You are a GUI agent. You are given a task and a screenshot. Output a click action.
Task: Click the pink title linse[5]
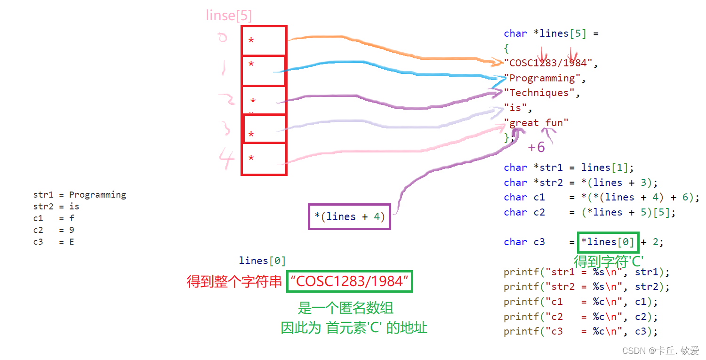point(229,16)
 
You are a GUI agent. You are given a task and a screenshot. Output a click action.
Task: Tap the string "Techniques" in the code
point(539,93)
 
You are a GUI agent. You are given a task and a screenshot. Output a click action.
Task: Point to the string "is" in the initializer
point(515,108)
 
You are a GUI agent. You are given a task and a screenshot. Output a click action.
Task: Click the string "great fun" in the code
point(536,123)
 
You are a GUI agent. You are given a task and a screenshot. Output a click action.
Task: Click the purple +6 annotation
point(536,147)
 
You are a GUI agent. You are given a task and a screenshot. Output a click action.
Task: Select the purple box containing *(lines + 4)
point(349,216)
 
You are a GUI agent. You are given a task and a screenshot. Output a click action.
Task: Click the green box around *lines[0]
point(608,242)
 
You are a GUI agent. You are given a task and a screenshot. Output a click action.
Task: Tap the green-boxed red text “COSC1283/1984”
point(350,281)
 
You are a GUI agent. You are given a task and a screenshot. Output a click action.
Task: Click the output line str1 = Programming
point(80,195)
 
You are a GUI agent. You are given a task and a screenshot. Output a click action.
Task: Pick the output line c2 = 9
point(54,230)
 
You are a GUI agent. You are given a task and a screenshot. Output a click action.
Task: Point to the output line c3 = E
point(54,242)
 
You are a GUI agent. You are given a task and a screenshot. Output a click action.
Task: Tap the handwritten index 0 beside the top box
point(223,38)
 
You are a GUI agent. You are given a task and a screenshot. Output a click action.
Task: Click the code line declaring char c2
point(589,212)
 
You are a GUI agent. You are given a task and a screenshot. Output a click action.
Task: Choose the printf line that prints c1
point(580,302)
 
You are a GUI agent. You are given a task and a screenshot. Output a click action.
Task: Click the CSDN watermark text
point(660,351)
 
